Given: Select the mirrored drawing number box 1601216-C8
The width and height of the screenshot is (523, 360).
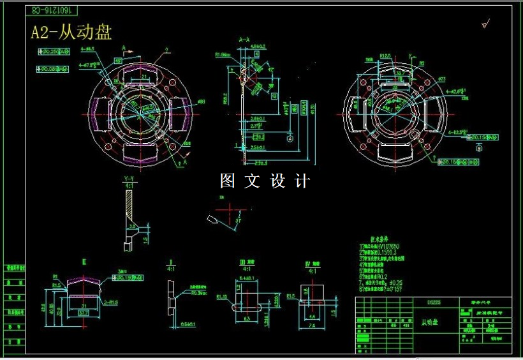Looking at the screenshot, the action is point(53,11).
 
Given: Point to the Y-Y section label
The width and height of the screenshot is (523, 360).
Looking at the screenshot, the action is point(129,179).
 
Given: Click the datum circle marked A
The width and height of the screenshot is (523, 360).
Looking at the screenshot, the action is point(290,138).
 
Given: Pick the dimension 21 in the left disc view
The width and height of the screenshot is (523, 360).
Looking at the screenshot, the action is point(144,77).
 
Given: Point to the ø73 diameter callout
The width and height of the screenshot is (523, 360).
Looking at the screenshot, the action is point(441,80).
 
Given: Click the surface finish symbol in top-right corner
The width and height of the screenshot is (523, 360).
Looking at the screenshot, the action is point(485,24).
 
